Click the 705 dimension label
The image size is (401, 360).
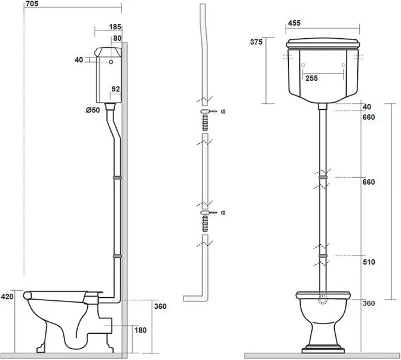click(x=32, y=4)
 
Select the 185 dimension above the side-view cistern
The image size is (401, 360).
click(x=115, y=27)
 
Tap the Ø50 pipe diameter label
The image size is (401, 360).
click(x=93, y=110)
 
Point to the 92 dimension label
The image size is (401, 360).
click(x=115, y=89)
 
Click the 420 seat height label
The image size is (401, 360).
click(x=7, y=297)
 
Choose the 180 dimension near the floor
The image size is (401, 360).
click(x=140, y=330)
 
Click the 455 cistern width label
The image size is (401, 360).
click(x=294, y=23)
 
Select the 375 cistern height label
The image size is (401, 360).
click(x=256, y=42)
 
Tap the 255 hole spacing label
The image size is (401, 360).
click(x=311, y=78)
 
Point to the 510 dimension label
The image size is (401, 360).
click(x=369, y=262)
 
